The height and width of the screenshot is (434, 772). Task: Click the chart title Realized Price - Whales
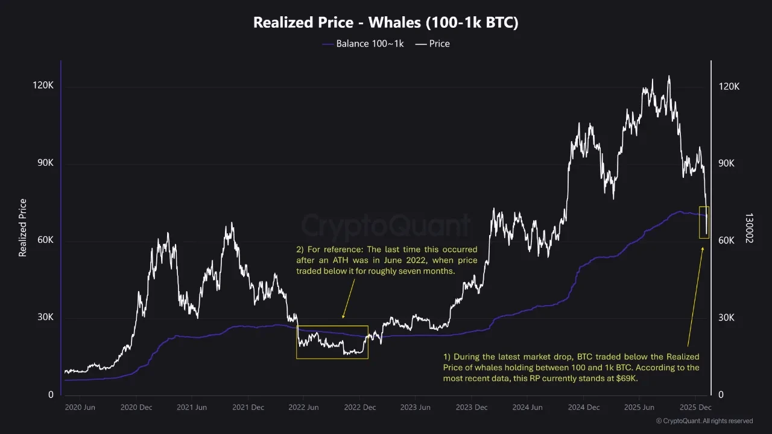(x=386, y=23)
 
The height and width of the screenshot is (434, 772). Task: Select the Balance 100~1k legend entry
(x=363, y=43)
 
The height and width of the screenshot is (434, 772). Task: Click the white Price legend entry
(x=432, y=43)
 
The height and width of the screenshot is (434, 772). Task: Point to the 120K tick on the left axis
(x=43, y=86)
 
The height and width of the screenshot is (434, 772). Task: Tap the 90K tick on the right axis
(x=729, y=163)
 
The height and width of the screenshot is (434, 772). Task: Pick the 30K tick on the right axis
(x=729, y=318)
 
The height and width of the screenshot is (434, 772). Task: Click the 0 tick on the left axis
(x=51, y=395)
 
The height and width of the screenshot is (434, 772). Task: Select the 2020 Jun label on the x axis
(x=80, y=407)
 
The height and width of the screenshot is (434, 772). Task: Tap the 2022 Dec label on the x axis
(x=360, y=407)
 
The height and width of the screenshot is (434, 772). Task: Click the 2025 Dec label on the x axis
(x=696, y=407)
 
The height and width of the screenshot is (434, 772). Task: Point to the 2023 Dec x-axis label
(x=472, y=407)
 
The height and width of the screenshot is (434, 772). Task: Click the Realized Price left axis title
(x=23, y=228)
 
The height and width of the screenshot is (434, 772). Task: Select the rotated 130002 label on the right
(x=749, y=228)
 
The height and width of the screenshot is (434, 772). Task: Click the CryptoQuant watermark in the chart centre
(x=386, y=226)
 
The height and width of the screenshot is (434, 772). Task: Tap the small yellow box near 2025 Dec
(x=704, y=222)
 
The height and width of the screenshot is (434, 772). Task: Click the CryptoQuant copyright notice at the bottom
(x=704, y=421)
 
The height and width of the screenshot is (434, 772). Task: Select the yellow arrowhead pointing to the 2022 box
(x=343, y=316)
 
